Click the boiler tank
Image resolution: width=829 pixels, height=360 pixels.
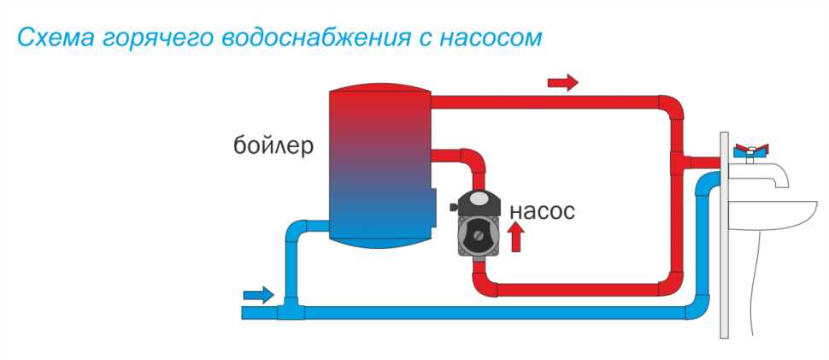click(378, 167)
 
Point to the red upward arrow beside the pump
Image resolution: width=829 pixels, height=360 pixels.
click(515, 237)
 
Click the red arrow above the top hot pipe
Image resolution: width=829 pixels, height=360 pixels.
click(562, 82)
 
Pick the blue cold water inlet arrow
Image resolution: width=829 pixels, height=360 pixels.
click(258, 295)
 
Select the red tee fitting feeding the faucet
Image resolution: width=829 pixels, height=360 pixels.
click(679, 160)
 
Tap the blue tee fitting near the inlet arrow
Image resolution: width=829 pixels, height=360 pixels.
click(288, 310)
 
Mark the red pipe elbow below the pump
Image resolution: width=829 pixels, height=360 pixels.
click(483, 282)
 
